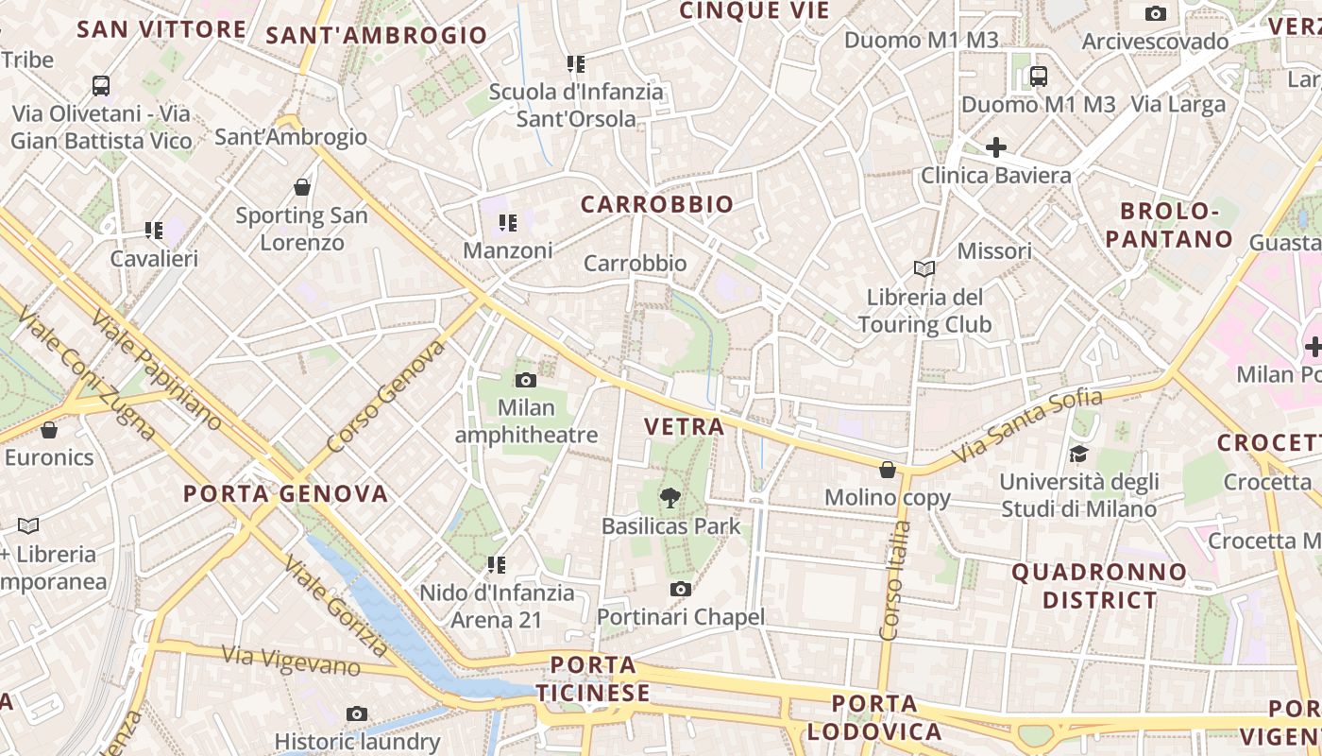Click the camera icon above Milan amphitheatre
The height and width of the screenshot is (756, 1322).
526,381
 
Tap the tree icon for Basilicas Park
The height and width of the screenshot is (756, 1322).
670,497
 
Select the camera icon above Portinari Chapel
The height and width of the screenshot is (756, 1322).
680,590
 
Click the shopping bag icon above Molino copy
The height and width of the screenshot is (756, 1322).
888,470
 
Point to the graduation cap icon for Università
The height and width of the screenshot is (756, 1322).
1078,455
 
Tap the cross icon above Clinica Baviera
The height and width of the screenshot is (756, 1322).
995,147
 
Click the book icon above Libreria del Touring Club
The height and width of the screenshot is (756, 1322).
924,269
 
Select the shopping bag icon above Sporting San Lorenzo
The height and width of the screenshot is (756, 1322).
302,187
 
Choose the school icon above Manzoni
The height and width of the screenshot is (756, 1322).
508,223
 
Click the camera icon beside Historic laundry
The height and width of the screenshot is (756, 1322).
356,714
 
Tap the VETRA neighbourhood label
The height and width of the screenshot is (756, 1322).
685,426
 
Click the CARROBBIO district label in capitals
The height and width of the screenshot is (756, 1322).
657,204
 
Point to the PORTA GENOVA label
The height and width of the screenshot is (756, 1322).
286,493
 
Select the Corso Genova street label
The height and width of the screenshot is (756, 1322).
385,396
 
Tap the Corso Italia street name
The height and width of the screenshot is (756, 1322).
894,581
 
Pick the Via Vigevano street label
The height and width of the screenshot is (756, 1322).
291,660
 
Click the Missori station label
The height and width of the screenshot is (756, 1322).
994,251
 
